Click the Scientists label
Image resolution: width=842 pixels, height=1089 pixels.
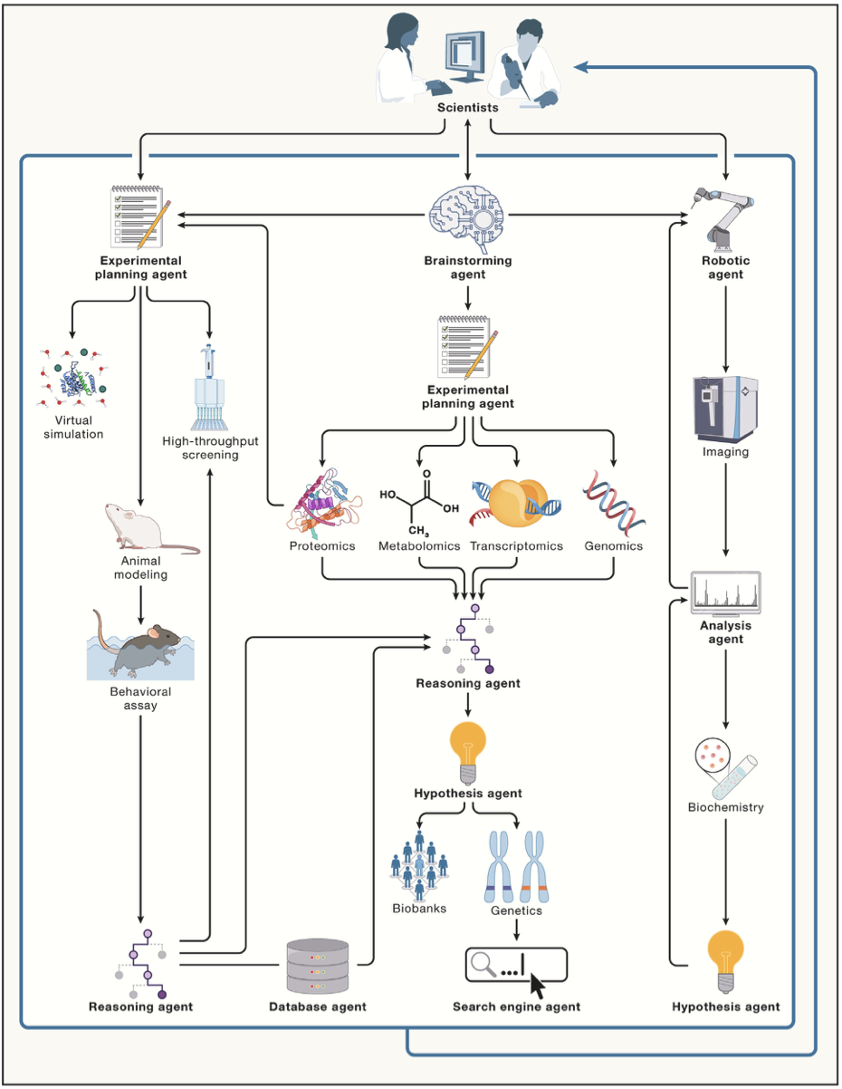coord(467,108)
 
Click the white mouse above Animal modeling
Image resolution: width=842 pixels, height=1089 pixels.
coord(146,529)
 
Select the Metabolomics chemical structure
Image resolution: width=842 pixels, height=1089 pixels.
coord(419,503)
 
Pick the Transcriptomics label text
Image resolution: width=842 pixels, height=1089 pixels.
coord(516,546)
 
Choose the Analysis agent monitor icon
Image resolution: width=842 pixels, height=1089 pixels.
coord(725,593)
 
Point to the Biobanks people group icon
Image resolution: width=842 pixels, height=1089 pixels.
coord(419,866)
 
